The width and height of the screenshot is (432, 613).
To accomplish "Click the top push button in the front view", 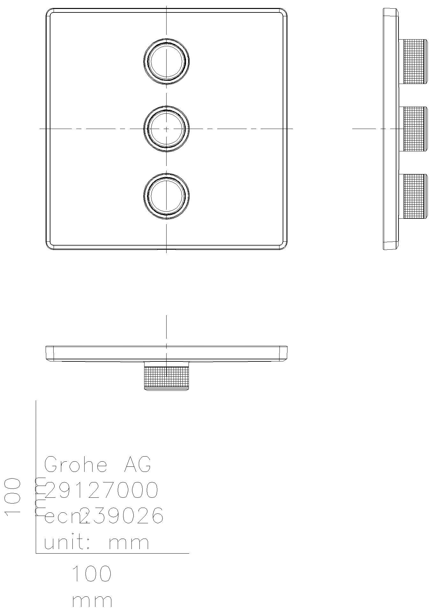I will pyautogui.click(x=167, y=61).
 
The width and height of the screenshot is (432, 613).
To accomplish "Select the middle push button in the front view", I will pyautogui.click(x=167, y=129).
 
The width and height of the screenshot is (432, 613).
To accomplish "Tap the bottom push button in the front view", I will pyautogui.click(x=167, y=196).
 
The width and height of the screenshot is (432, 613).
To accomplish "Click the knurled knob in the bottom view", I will pyautogui.click(x=167, y=378).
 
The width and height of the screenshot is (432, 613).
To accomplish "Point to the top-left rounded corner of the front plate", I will pyautogui.click(x=49, y=11).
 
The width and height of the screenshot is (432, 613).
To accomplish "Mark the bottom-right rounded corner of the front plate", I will pyautogui.click(x=284, y=246).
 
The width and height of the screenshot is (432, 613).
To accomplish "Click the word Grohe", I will pyautogui.click(x=76, y=465).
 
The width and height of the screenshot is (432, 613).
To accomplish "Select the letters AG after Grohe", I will pyautogui.click(x=137, y=465).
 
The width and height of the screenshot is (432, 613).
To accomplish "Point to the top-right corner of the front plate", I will pyautogui.click(x=284, y=11).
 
